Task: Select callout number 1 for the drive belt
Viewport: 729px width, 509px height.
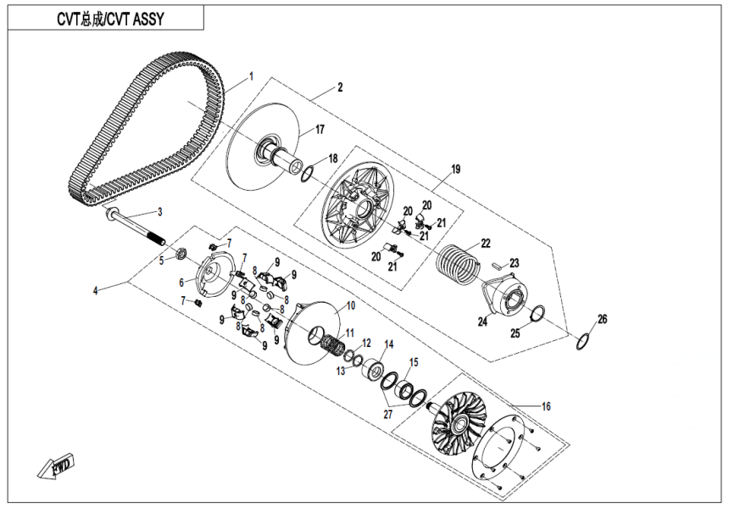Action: [251, 77]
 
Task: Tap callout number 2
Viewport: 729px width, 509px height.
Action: [340, 87]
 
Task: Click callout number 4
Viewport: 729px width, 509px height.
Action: [97, 291]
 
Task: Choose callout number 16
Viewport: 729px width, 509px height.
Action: [547, 407]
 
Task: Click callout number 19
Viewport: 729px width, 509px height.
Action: [456, 170]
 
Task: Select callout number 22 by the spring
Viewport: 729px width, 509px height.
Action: [486, 243]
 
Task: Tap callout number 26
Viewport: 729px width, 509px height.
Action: [603, 319]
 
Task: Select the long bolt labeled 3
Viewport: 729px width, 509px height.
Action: [136, 227]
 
